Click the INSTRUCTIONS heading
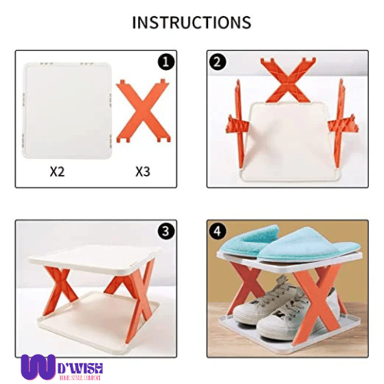click(x=191, y=22)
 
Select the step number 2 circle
click(x=218, y=62)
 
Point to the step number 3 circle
click(x=167, y=231)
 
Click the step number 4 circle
click(x=218, y=231)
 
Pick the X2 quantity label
click(x=57, y=170)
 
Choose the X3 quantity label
click(x=142, y=170)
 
